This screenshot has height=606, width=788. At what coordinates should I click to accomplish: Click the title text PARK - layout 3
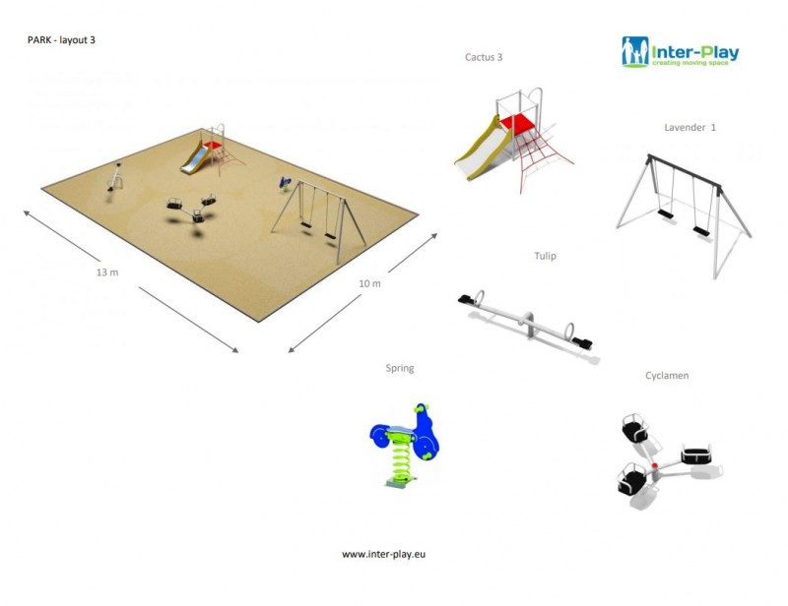(61, 40)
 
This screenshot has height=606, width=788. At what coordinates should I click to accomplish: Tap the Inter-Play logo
(680, 51)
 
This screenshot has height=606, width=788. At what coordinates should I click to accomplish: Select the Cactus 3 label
(484, 57)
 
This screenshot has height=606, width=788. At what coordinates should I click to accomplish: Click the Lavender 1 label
(690, 128)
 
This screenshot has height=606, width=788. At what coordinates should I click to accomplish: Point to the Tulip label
(545, 256)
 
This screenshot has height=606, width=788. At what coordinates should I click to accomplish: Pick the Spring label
(400, 368)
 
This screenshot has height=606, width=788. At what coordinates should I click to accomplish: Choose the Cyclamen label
(667, 375)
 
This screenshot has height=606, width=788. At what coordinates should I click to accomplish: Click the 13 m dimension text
(107, 272)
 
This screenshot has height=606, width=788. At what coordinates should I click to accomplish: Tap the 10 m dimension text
(369, 283)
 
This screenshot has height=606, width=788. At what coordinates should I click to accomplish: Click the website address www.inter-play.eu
(384, 554)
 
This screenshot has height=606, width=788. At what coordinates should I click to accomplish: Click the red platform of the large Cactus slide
(518, 124)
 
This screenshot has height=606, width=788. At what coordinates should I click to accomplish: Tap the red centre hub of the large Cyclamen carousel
(653, 464)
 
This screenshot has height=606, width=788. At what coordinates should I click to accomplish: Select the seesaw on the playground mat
(115, 177)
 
